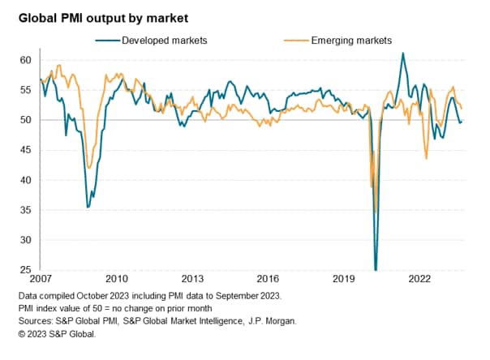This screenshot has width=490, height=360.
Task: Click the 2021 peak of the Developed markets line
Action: tap(403, 54)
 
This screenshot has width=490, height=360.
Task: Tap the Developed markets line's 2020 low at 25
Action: tap(376, 269)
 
